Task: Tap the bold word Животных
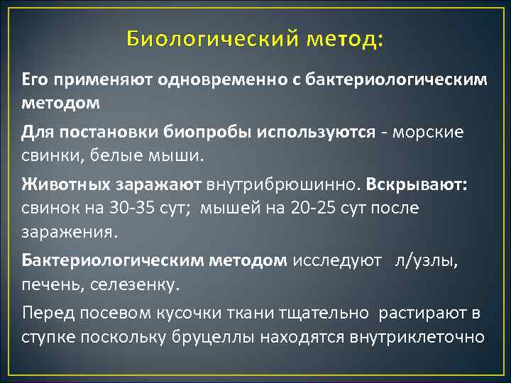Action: click(62, 185)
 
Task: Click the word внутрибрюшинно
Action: click(282, 185)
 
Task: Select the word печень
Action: click(48, 284)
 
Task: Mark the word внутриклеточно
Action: click(417, 335)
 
